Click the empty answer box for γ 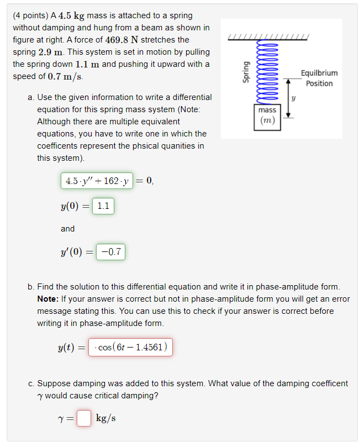[83, 418]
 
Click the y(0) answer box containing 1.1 [103, 206]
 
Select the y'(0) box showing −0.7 [111, 252]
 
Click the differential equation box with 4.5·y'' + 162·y [97, 181]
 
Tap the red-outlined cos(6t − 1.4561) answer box [131, 348]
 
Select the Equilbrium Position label [319, 78]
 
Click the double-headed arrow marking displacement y [288, 98]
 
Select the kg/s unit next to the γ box [105, 418]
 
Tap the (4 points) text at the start [33, 15]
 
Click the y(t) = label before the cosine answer [72, 348]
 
